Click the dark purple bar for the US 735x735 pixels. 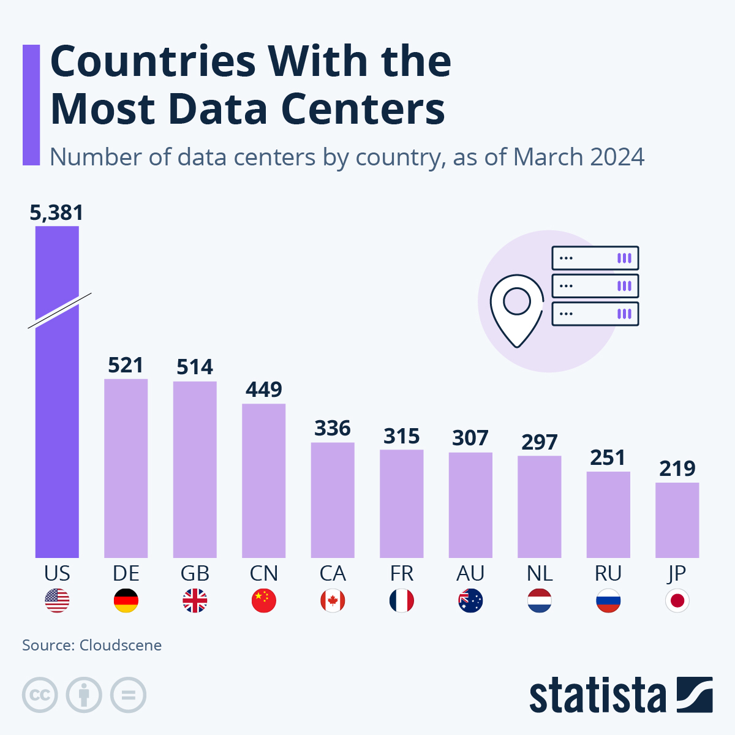(57, 429)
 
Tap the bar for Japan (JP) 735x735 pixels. (677, 520)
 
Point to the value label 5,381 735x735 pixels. (56, 213)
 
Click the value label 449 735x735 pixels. (264, 390)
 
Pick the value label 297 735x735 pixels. (540, 442)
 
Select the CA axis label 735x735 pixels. (333, 574)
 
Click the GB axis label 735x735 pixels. (195, 574)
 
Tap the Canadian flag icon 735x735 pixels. (333, 601)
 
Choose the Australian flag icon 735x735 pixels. (470, 601)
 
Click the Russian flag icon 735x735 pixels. (608, 601)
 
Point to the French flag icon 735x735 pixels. (402, 601)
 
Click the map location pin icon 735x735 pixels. (517, 310)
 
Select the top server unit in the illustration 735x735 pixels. (595, 258)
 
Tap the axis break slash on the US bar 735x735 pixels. (59, 311)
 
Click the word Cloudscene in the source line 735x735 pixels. (121, 646)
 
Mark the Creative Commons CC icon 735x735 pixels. (40, 695)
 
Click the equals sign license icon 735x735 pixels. (128, 695)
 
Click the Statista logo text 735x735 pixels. (597, 696)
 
